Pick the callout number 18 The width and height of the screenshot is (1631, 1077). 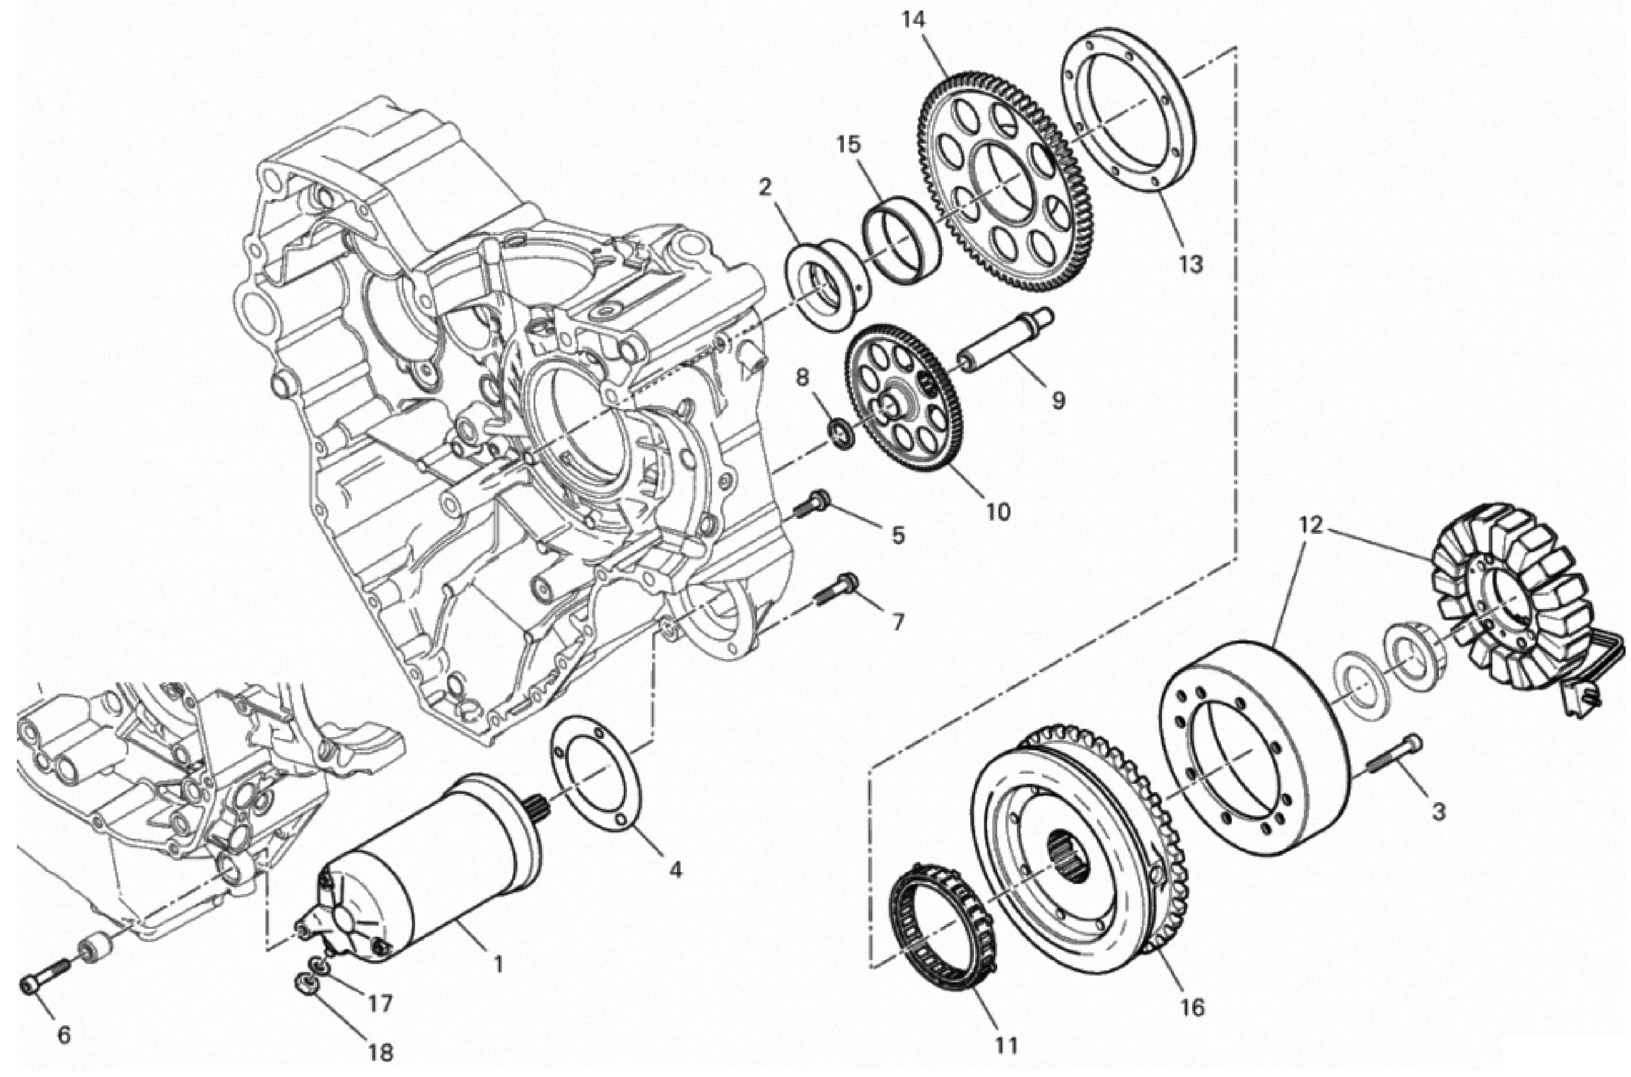(382, 1052)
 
